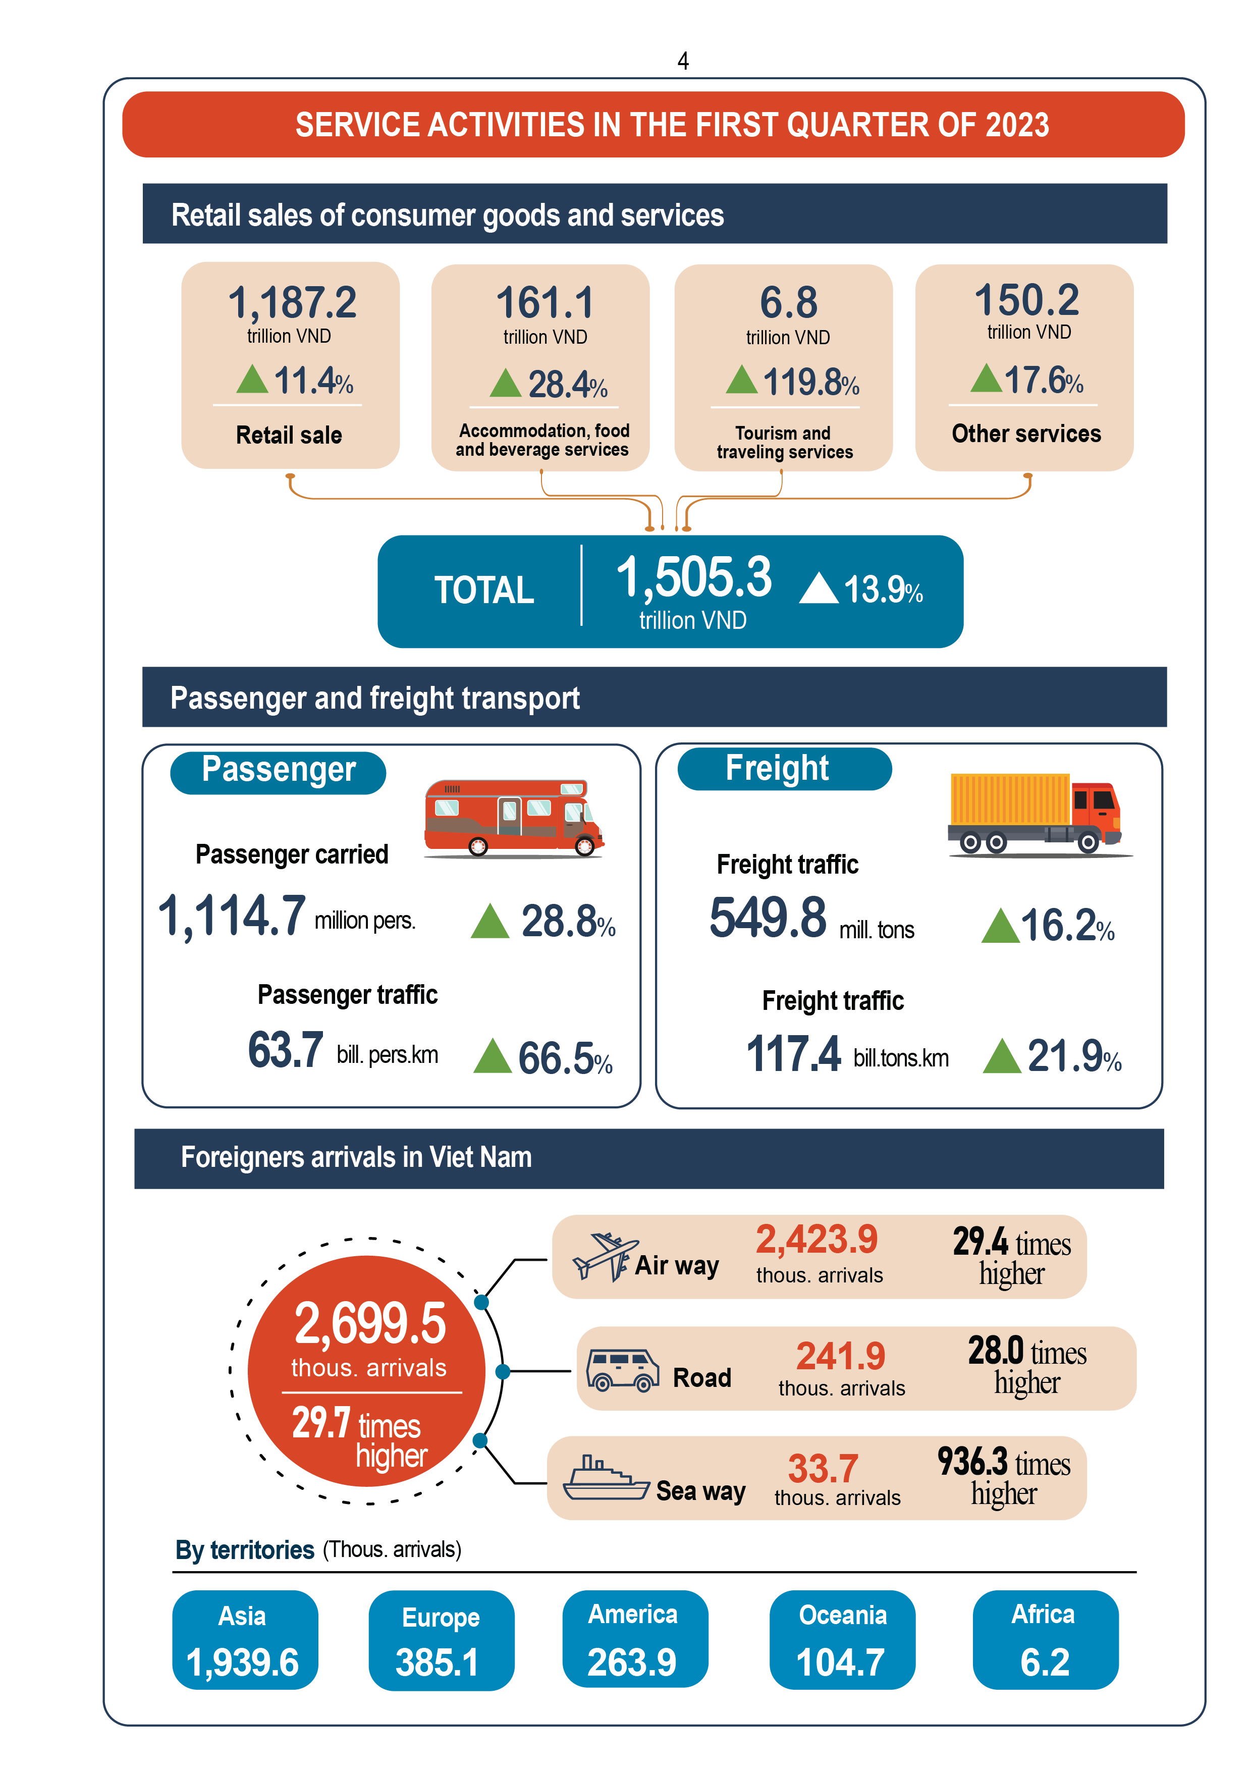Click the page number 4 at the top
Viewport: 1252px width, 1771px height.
pos(683,61)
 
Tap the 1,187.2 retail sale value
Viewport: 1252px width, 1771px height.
pos(292,302)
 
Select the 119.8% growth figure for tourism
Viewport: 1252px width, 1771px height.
pos(810,382)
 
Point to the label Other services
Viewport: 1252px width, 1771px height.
pos(1026,434)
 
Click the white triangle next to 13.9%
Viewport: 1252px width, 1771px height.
pos(819,588)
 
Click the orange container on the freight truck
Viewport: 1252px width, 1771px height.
pos(1010,799)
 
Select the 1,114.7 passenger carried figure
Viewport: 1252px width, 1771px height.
pos(232,917)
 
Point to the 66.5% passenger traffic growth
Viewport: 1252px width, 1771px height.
pos(565,1057)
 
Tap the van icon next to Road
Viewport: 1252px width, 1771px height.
pos(622,1370)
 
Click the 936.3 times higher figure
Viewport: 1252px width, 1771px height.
pos(1003,1477)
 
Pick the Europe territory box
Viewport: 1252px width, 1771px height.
pos(441,1640)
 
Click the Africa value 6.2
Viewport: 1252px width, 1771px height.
pos(1045,1662)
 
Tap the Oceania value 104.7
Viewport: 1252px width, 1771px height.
pos(840,1662)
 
